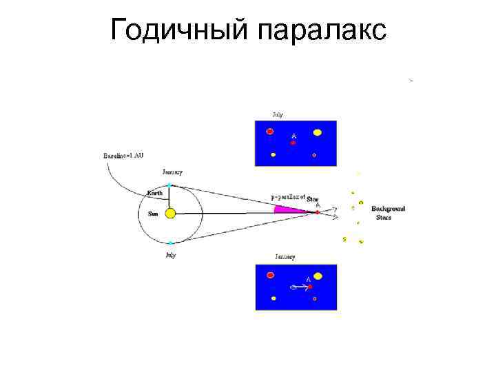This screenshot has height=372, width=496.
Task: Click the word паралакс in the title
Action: [321, 31]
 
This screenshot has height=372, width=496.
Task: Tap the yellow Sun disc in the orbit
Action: [170, 214]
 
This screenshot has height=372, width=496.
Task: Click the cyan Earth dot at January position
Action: [170, 185]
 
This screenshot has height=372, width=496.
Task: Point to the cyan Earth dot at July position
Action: [170, 242]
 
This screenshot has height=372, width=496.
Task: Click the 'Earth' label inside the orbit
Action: [155, 193]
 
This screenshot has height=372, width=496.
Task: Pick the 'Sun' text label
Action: [153, 214]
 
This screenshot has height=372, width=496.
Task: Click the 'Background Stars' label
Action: [388, 212]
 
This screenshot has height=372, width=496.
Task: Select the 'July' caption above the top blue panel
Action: [277, 114]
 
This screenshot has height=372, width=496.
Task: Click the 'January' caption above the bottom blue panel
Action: [285, 257]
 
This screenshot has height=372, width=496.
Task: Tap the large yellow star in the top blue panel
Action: [318, 132]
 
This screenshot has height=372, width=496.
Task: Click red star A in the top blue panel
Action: [293, 143]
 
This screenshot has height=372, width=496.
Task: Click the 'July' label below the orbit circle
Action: [170, 255]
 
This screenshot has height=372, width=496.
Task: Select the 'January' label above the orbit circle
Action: [172, 172]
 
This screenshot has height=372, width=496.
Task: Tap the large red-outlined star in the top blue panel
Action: [270, 131]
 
